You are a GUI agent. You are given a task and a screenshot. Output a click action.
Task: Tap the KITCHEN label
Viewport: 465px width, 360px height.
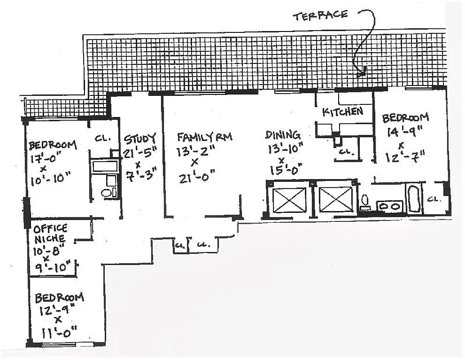343,112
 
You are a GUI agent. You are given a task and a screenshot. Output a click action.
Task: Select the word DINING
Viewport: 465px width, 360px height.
282,135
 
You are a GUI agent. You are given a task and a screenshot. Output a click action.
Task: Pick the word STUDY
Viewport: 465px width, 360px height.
140,138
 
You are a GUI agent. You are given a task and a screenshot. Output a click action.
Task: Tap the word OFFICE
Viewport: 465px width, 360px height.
50,228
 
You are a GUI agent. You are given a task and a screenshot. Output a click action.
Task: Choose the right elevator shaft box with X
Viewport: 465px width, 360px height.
335,199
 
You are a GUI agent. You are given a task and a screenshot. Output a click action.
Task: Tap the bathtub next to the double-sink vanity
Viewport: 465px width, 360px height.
414,199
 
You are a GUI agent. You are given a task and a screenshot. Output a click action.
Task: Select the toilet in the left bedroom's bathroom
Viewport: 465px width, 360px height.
107,193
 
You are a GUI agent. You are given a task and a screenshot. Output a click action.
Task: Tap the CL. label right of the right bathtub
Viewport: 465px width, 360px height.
434,198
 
